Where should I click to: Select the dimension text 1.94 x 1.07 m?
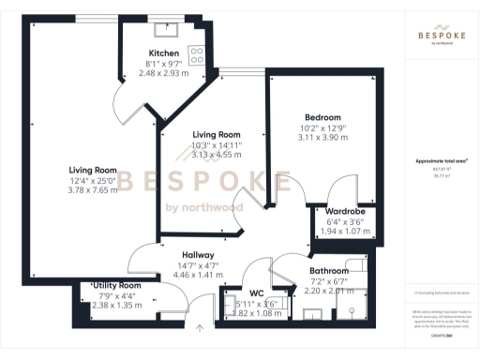click(345, 231)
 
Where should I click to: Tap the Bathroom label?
click(328, 271)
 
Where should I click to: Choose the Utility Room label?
click(117, 285)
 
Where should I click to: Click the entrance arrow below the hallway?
click(199, 328)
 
